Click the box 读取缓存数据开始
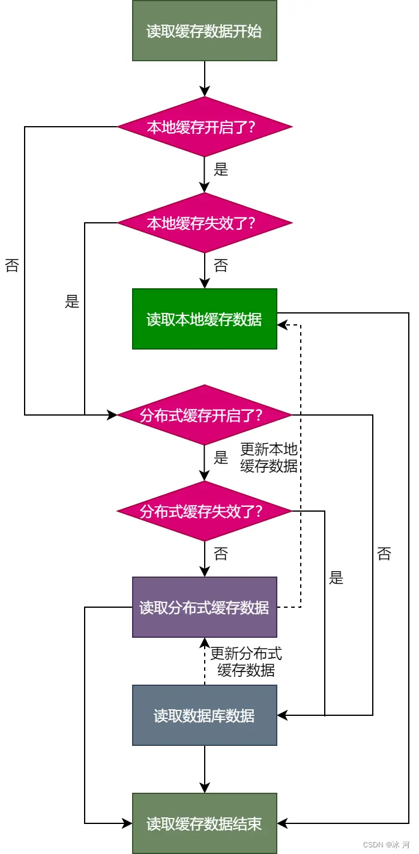click(204, 31)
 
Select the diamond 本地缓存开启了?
click(204, 127)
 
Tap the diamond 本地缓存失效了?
click(204, 223)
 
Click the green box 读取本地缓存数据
click(204, 319)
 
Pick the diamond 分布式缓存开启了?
click(204, 415)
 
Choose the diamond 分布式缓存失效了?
click(204, 511)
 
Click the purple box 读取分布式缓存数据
click(204, 607)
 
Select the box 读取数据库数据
click(204, 715)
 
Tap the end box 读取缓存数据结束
click(204, 823)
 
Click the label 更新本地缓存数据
click(268, 458)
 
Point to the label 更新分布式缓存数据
click(246, 662)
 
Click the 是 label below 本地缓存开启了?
click(221, 169)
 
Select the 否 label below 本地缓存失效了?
click(221, 265)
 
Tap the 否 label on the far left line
click(12, 265)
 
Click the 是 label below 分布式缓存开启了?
click(221, 458)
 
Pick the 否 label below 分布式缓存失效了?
click(221, 554)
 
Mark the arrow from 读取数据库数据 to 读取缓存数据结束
click(204, 769)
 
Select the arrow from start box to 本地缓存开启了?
click(204, 78)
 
